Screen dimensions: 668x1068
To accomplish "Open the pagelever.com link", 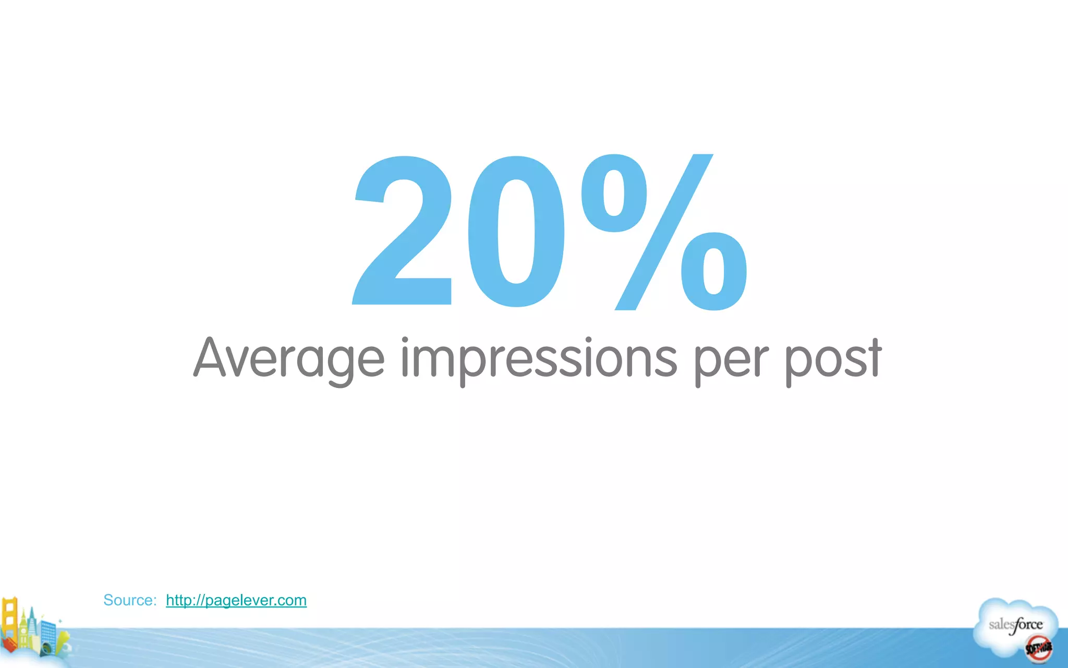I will tap(236, 600).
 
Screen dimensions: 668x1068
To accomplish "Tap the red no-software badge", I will tap(1038, 649).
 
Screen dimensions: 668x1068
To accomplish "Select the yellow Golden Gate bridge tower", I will tap(9, 621).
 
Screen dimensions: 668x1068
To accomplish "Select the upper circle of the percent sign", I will tap(615, 193).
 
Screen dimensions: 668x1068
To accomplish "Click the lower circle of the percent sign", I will tap(714, 271).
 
